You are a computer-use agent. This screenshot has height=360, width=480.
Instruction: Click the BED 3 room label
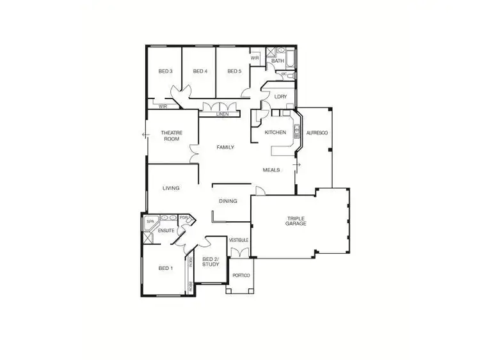pyautogui.click(x=165, y=71)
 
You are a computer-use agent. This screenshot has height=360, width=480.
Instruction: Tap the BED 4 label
pyautogui.click(x=200, y=71)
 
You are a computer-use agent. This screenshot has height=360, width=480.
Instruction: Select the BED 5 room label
pyautogui.click(x=234, y=71)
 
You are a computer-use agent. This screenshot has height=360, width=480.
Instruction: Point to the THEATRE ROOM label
pyautogui.click(x=172, y=136)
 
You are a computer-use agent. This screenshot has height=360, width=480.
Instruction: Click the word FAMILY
pyautogui.click(x=225, y=148)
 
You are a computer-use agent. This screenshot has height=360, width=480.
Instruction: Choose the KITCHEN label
pyautogui.click(x=275, y=132)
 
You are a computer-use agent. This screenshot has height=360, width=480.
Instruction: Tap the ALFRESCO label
pyautogui.click(x=317, y=132)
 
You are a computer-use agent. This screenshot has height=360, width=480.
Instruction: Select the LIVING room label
pyautogui.click(x=171, y=188)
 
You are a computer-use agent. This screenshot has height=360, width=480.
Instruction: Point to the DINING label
pyautogui.click(x=228, y=201)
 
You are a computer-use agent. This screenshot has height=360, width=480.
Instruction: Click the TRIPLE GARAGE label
pyautogui.click(x=296, y=221)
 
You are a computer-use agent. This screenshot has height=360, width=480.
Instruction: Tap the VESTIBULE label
pyautogui.click(x=239, y=240)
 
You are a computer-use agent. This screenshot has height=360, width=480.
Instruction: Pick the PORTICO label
pyautogui.click(x=241, y=276)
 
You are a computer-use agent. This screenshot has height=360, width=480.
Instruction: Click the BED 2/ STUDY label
pyautogui.click(x=211, y=262)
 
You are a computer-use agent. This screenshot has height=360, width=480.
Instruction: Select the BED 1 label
pyautogui.click(x=165, y=268)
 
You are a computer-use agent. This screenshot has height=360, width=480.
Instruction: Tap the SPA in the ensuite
pyautogui.click(x=151, y=222)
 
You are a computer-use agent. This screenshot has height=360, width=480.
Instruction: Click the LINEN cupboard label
pyautogui.click(x=222, y=114)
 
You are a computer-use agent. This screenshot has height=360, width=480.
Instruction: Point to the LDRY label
pyautogui.click(x=280, y=97)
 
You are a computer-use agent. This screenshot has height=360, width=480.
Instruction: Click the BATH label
pyautogui.click(x=277, y=61)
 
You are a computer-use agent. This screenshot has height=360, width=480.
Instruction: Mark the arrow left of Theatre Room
pyautogui.click(x=145, y=134)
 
